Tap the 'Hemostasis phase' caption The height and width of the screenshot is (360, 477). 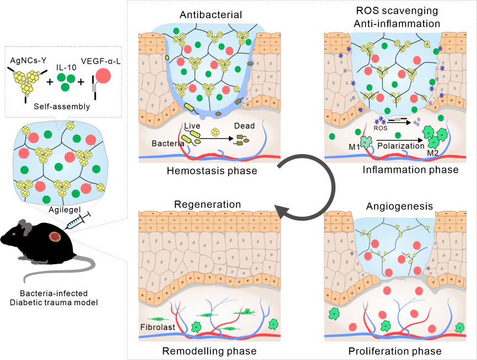(x=212, y=171)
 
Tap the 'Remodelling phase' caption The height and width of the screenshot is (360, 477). (x=209, y=350)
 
